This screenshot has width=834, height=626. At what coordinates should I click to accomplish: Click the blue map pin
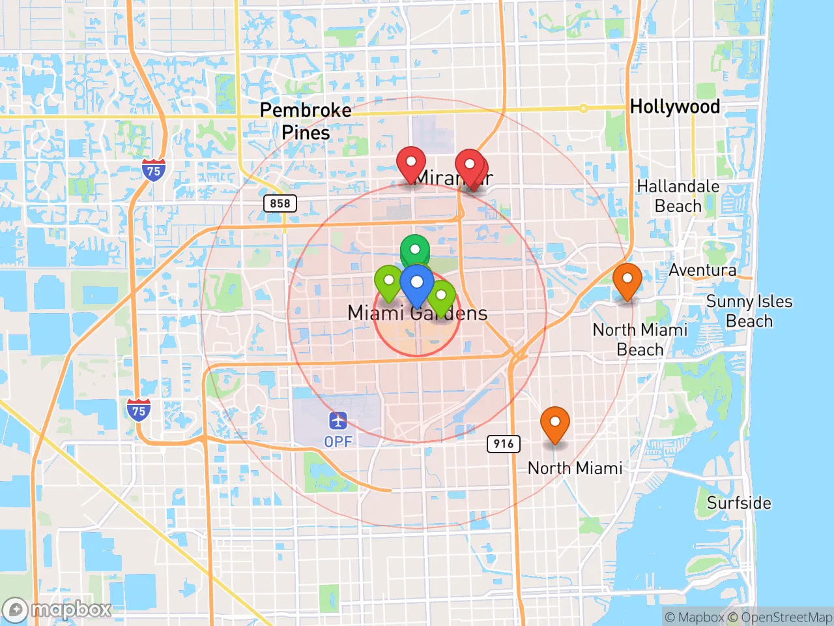(x=417, y=283)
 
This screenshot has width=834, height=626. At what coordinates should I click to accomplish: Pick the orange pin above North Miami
(x=555, y=422)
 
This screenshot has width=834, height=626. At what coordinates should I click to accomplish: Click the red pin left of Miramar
(x=411, y=162)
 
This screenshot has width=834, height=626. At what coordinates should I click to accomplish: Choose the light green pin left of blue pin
(x=389, y=281)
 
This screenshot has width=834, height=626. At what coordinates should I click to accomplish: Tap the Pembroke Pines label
(x=305, y=121)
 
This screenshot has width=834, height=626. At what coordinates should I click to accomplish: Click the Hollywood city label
(x=675, y=106)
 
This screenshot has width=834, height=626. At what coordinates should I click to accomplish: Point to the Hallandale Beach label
(x=678, y=196)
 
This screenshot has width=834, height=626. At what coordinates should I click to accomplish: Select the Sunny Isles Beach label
(x=749, y=311)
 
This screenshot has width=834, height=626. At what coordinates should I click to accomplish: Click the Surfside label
(x=739, y=503)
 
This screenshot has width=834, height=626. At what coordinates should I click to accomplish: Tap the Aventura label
(x=702, y=270)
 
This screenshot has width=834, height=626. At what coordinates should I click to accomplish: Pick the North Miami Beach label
(x=640, y=339)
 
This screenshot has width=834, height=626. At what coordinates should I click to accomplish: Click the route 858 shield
(x=280, y=203)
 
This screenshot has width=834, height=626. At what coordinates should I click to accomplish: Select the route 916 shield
(x=504, y=444)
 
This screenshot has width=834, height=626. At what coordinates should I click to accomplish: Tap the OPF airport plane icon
(x=338, y=421)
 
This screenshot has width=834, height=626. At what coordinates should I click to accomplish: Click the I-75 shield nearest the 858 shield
(x=153, y=171)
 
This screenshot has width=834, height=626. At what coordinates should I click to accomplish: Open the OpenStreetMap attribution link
(x=786, y=617)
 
